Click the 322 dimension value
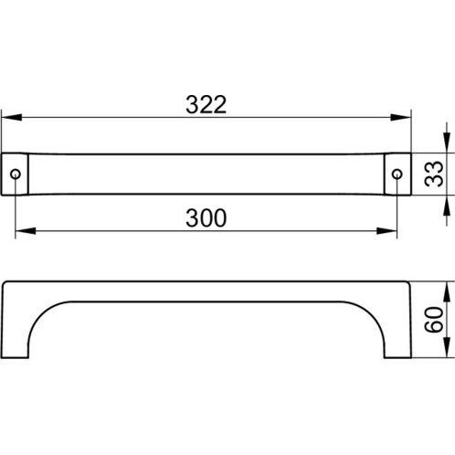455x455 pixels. [x=206, y=105]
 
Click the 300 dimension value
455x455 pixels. [x=206, y=218]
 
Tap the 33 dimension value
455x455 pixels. [x=434, y=174]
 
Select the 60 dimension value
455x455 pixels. [x=434, y=320]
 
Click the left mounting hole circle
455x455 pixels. [x=16, y=175]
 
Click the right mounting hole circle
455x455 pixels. [x=397, y=175]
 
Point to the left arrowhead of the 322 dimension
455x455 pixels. [x=12, y=117]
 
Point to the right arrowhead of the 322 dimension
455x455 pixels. [x=401, y=117]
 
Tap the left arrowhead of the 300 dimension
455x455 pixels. [x=26, y=231]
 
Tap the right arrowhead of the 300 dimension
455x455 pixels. [x=386, y=231]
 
